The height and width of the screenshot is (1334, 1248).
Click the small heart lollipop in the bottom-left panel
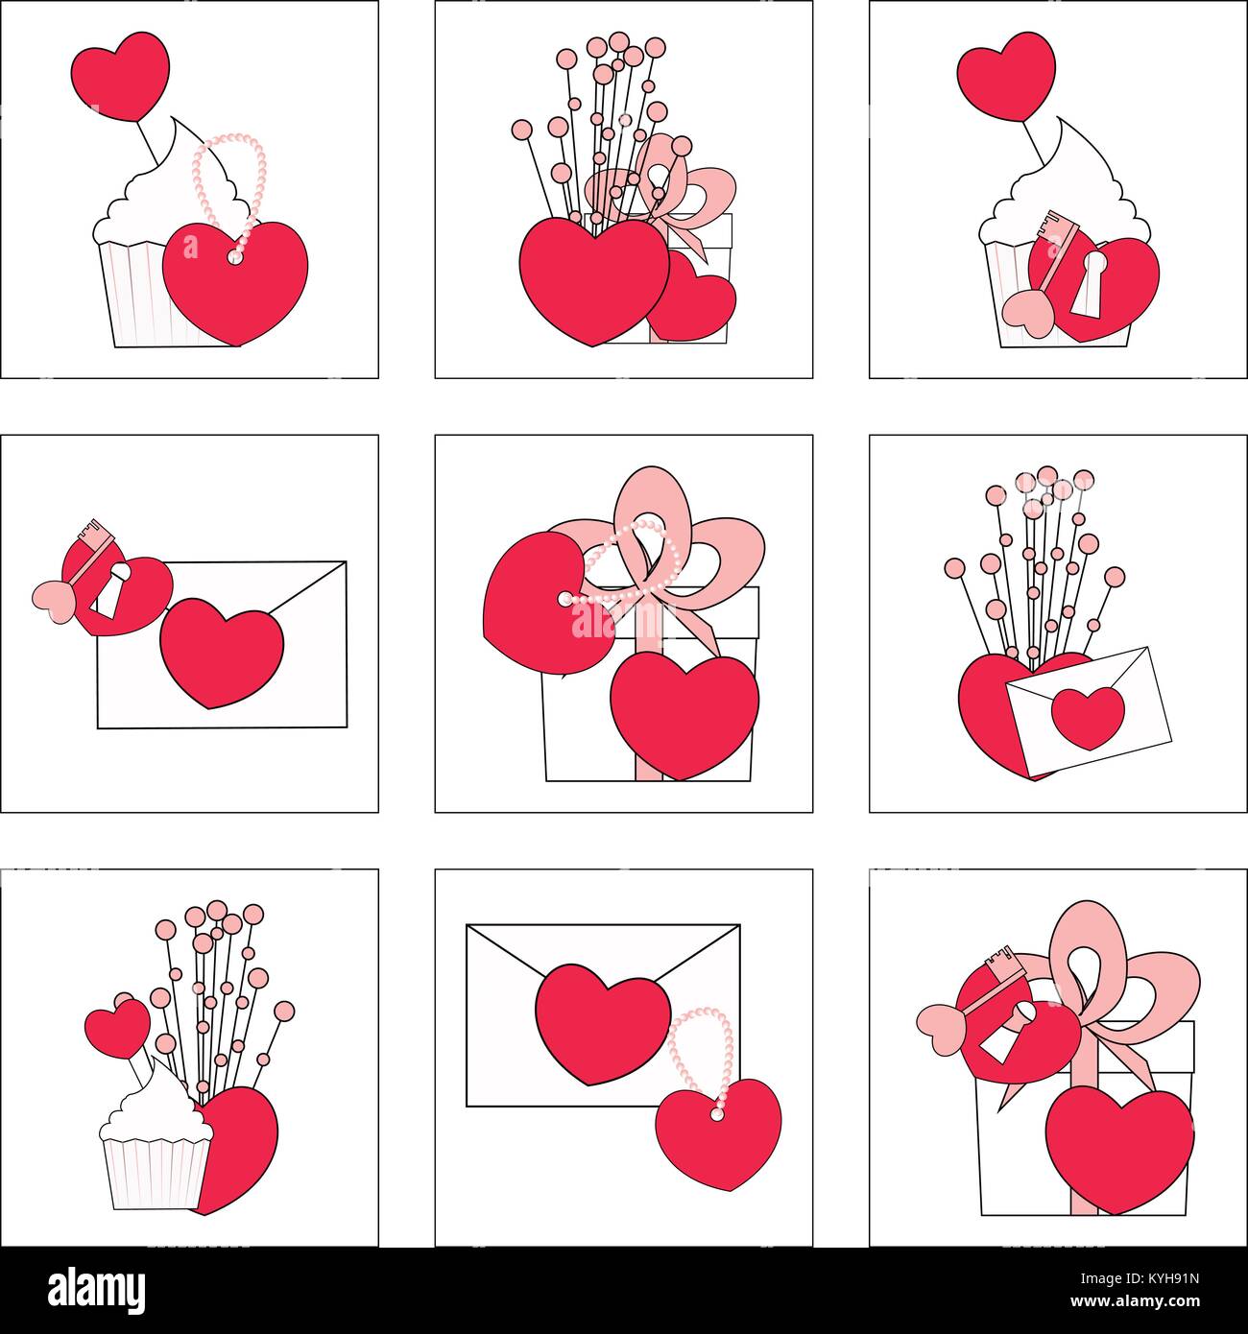point(116,1026)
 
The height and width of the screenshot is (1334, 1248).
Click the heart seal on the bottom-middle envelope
point(603,1025)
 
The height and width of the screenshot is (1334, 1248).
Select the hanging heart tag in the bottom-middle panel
point(718,1135)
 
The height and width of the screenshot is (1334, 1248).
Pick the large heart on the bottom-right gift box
point(1119,1149)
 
